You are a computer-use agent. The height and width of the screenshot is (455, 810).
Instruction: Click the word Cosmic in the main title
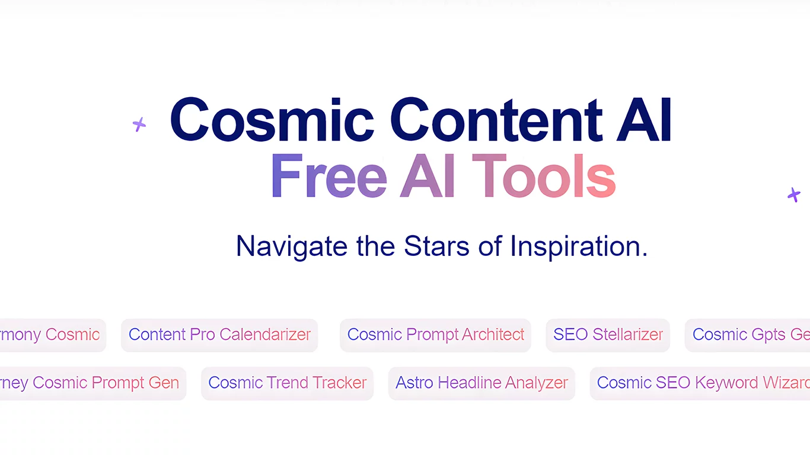pyautogui.click(x=272, y=120)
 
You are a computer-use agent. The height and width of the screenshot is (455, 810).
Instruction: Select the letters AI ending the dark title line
pyautogui.click(x=645, y=120)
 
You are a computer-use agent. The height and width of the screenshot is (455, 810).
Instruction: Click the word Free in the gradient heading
pyautogui.click(x=329, y=177)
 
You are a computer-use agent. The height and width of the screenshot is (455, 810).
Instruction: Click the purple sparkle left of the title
pyautogui.click(x=139, y=124)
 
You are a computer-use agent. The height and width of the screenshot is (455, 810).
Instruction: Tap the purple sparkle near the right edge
pyautogui.click(x=794, y=194)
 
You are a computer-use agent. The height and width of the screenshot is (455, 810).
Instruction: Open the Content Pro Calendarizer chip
pyautogui.click(x=219, y=335)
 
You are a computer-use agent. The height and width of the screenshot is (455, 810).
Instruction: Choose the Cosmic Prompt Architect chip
pyautogui.click(x=435, y=335)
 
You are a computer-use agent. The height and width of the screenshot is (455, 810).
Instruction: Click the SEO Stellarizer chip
pyautogui.click(x=608, y=335)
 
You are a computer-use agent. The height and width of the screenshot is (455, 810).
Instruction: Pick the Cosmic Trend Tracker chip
pyautogui.click(x=287, y=383)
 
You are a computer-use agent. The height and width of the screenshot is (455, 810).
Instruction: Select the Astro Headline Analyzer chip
pyautogui.click(x=481, y=383)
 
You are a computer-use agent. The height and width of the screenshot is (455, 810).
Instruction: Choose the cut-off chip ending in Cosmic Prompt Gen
pyautogui.click(x=92, y=383)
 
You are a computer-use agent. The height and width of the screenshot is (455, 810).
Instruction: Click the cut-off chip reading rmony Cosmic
pyautogui.click(x=52, y=335)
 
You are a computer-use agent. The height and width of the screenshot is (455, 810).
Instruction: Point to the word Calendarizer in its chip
pyautogui.click(x=265, y=335)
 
